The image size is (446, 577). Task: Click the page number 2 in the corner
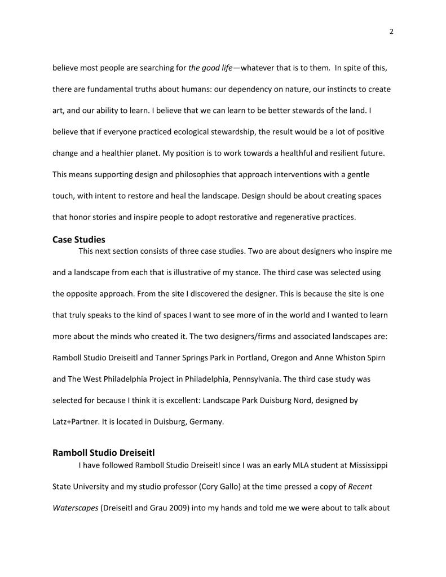[391, 32]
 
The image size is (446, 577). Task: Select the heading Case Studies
[79, 240]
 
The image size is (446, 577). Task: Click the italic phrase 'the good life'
[210, 68]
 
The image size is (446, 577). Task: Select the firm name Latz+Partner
[76, 422]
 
